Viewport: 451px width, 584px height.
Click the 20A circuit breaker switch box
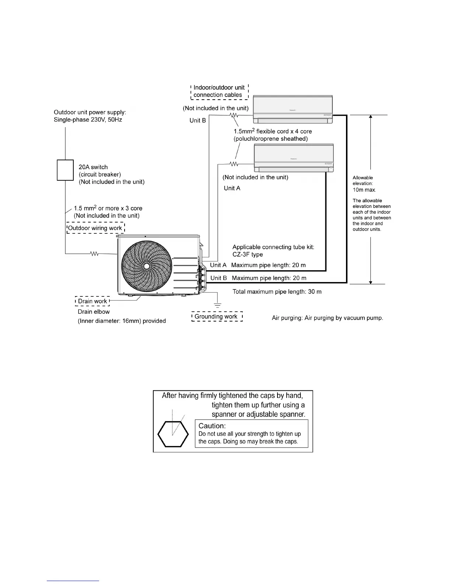point(65,170)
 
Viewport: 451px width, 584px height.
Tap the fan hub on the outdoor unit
point(147,266)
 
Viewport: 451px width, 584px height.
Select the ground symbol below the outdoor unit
point(218,305)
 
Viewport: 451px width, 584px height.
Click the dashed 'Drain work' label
point(92,301)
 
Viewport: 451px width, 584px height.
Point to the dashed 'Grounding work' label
point(217,317)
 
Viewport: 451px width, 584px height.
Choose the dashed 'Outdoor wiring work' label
point(95,228)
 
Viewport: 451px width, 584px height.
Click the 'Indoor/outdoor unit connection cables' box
point(219,91)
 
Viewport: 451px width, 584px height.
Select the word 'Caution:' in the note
point(212,426)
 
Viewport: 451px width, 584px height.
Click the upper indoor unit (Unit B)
point(293,109)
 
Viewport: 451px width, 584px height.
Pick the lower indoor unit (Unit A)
point(294,158)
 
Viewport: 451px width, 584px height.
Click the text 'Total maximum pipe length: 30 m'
point(277,292)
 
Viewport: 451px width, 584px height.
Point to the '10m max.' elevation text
point(364,190)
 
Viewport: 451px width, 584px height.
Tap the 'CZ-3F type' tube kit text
point(248,254)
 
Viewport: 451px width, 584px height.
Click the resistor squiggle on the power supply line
point(94,254)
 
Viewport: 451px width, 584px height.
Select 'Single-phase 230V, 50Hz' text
point(88,120)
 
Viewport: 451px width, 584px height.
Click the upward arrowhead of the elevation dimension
point(371,117)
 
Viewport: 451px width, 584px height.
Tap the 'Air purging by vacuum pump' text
point(327,318)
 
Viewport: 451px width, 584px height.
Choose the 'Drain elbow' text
point(94,312)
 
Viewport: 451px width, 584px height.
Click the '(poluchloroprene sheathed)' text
point(270,139)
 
